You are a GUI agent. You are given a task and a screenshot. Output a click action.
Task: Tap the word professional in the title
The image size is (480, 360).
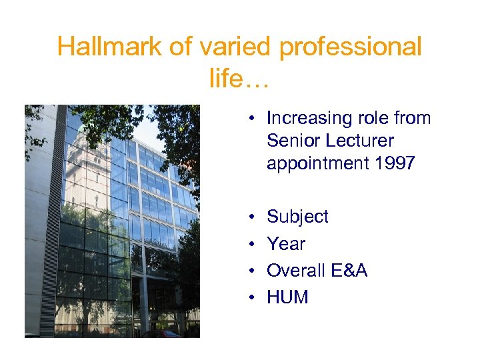(352, 47)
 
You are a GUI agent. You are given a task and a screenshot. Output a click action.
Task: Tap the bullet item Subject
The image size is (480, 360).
(297, 217)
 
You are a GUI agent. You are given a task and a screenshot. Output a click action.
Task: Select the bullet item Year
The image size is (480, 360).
(286, 244)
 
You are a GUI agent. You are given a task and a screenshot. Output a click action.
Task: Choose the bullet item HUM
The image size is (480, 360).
(287, 297)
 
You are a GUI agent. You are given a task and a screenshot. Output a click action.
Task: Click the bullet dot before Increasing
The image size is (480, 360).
(253, 119)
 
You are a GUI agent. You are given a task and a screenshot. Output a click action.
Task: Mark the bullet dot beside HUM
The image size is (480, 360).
(253, 297)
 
